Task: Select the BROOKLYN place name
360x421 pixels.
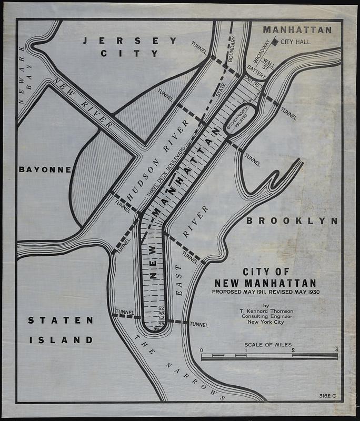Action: tap(291, 221)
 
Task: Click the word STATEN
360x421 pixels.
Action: tap(61, 320)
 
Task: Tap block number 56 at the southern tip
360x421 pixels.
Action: tap(156, 329)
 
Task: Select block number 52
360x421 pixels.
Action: tap(162, 308)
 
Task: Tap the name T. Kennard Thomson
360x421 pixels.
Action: tap(266, 311)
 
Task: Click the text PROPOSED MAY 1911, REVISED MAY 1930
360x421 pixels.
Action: tap(266, 292)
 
